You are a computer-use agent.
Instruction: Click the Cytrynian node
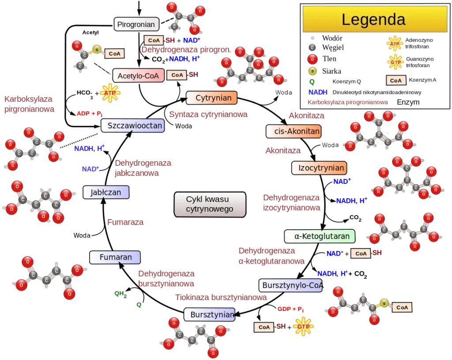tap(211, 98)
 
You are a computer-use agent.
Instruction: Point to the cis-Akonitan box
tap(293, 132)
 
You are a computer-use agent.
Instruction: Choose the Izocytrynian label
tap(318, 168)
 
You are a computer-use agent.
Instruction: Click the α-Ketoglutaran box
tap(319, 236)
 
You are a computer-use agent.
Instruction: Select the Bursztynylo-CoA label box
tap(291, 285)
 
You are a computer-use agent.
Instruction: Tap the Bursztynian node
tap(210, 315)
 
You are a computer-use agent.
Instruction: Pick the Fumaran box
tap(115, 258)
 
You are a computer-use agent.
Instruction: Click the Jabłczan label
tap(106, 193)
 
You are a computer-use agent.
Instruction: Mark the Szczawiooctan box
tap(133, 126)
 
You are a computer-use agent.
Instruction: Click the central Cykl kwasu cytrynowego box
tap(210, 205)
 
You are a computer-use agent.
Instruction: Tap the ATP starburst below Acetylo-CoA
tap(110, 93)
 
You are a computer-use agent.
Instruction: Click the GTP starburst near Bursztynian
tap(303, 326)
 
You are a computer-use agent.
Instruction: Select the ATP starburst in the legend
tap(395, 44)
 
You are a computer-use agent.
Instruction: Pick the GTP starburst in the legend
tap(395, 62)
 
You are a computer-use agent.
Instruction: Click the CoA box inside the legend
tap(395, 80)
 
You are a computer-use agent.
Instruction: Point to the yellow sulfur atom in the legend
tap(312, 71)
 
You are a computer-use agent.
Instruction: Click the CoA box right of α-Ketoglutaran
tap(360, 254)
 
